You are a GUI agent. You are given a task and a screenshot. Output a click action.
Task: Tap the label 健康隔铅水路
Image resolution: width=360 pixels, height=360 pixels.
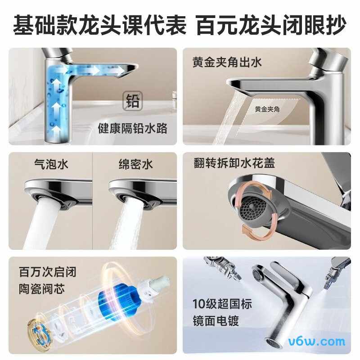(x=133, y=129)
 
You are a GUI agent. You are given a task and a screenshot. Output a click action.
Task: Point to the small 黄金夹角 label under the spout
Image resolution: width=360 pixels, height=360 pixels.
(x=267, y=109)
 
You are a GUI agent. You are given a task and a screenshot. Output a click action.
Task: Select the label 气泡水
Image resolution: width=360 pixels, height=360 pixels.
(x=51, y=164)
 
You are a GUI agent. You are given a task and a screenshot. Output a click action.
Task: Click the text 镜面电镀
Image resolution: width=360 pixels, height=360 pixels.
(x=215, y=320)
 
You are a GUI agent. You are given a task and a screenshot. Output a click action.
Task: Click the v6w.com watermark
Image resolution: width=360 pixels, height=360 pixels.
(x=320, y=340)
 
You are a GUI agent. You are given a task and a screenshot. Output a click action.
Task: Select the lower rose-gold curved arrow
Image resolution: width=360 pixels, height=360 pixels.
(x=254, y=230)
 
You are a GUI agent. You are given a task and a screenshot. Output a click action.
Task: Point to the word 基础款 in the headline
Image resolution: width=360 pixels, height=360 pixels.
(x=39, y=26)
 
